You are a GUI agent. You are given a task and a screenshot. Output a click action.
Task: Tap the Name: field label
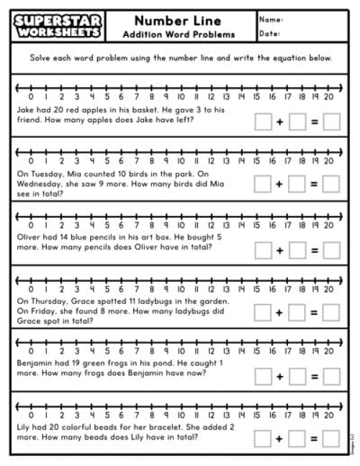point(270,19)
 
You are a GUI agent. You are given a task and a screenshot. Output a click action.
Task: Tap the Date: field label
point(269,33)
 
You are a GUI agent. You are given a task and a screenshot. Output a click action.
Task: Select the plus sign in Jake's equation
point(280,121)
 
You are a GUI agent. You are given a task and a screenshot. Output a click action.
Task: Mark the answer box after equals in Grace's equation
point(331,311)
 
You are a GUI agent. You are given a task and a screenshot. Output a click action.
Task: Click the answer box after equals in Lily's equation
point(331,437)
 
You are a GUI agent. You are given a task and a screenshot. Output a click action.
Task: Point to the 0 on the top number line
point(31,95)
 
